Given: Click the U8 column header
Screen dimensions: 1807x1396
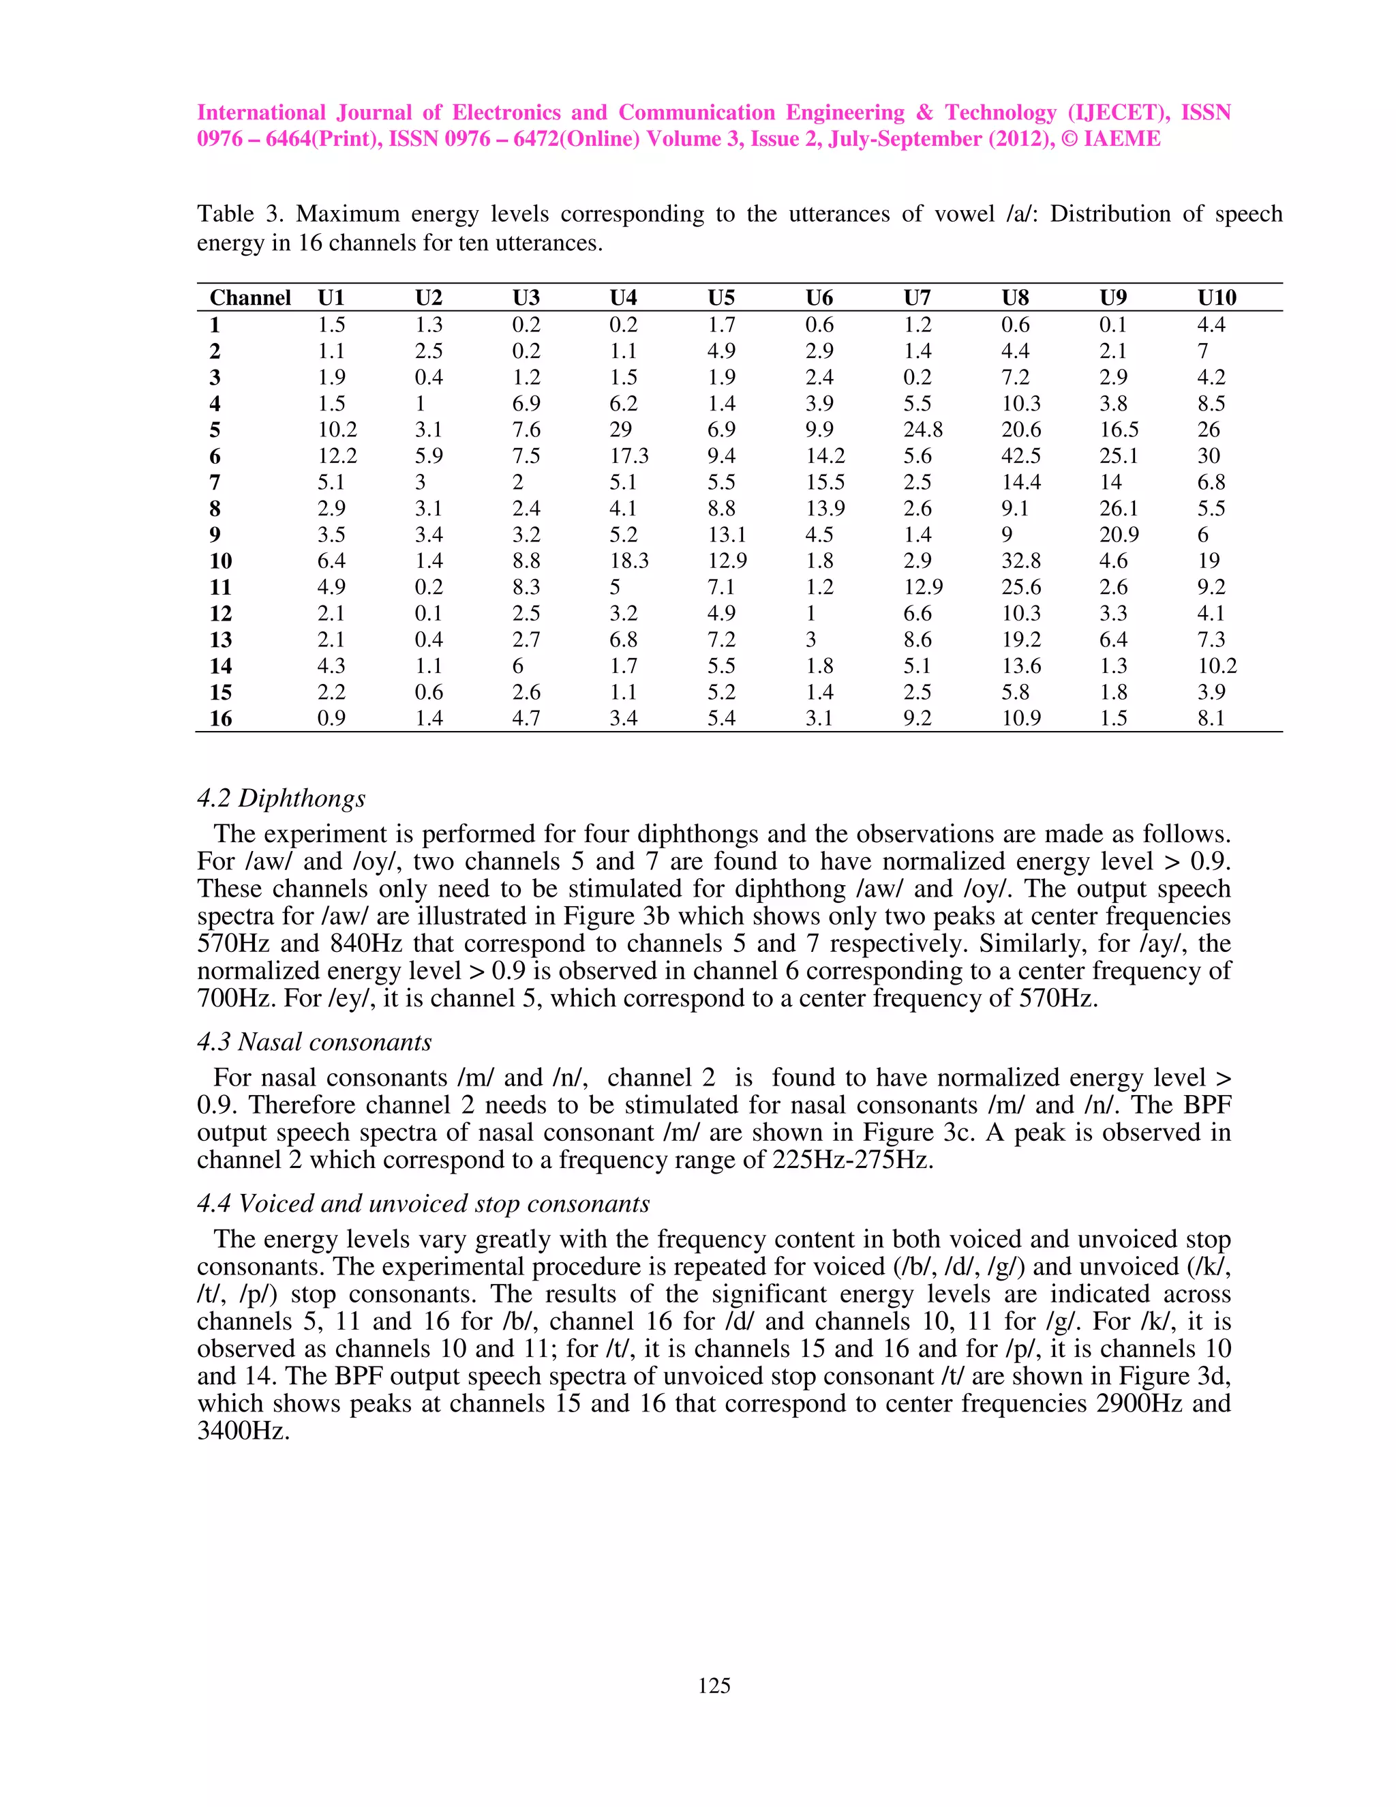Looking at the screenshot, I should click(1015, 298).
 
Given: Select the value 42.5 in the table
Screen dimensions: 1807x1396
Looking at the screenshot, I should click(1020, 456).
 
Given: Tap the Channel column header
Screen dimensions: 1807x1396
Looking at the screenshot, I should click(249, 298).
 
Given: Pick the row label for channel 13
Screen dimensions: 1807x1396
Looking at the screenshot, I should click(220, 640).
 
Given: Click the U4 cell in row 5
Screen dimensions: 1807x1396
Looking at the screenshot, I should click(620, 430).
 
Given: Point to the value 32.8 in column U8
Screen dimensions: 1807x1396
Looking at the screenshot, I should click(1020, 561).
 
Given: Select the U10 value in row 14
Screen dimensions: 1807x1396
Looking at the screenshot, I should click(1217, 666).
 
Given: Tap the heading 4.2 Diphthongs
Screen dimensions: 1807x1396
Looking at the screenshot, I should click(282, 798).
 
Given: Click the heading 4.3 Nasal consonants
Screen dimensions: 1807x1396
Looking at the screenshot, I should click(314, 1042).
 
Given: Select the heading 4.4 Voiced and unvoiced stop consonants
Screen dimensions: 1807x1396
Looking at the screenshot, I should click(423, 1203).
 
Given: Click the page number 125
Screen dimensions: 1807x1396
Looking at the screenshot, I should click(714, 1686).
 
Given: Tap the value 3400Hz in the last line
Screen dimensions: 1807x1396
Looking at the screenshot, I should click(243, 1431).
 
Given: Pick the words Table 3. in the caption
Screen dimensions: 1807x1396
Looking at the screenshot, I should click(240, 214).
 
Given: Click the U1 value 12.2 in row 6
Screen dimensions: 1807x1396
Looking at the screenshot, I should click(337, 456).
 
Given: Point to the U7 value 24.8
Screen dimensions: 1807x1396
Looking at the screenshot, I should click(922, 430).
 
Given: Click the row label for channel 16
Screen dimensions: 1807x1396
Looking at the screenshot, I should click(220, 718).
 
